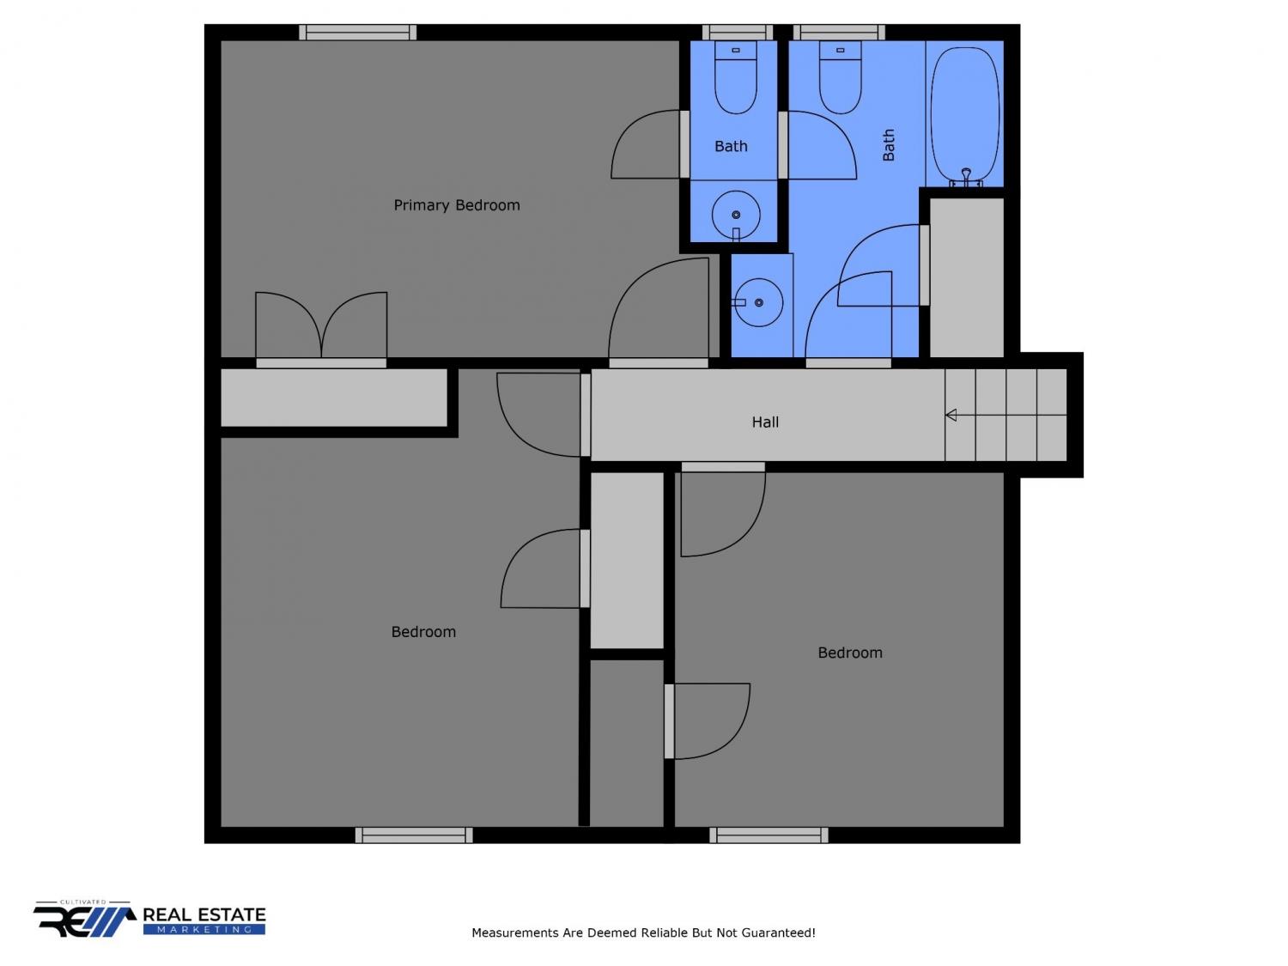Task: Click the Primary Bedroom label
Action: coord(456,205)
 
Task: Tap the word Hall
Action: coord(764,422)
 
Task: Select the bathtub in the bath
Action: coord(964,115)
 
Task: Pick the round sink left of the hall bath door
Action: coord(757,302)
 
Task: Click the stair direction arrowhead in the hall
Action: coord(951,416)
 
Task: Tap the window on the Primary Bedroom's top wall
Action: coord(357,33)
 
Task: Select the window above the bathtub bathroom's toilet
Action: coord(839,33)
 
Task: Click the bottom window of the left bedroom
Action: coord(414,835)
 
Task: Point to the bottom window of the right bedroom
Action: coord(769,835)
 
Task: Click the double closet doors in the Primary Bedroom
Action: coord(321,327)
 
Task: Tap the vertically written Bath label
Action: coord(889,145)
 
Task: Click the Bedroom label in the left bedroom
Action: coord(423,632)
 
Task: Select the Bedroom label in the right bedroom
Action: coord(850,653)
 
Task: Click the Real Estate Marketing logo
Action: coord(149,919)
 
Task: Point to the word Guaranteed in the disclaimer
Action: coord(778,933)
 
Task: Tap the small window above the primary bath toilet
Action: coord(737,33)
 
